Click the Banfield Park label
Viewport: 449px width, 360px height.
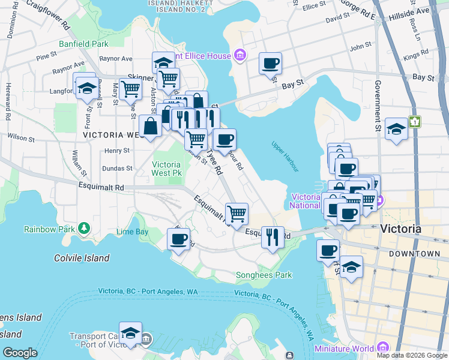pyautogui.click(x=83, y=44)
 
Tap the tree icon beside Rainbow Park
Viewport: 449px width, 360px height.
pyautogui.click(x=85, y=228)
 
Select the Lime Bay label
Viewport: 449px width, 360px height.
pyautogui.click(x=132, y=232)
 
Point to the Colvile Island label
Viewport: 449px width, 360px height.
pyautogui.click(x=82, y=258)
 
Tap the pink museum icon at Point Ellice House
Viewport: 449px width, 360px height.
pyautogui.click(x=240, y=55)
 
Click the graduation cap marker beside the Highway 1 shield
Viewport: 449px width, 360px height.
pyautogui.click(x=396, y=129)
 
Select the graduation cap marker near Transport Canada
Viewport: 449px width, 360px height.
pyautogui.click(x=130, y=333)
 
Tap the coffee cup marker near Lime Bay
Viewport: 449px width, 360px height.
pyautogui.click(x=178, y=239)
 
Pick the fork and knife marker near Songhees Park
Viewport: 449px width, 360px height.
pyautogui.click(x=273, y=237)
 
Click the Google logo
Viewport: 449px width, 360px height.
pyautogui.click(x=20, y=353)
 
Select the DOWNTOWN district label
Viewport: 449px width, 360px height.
pyautogui.click(x=414, y=254)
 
